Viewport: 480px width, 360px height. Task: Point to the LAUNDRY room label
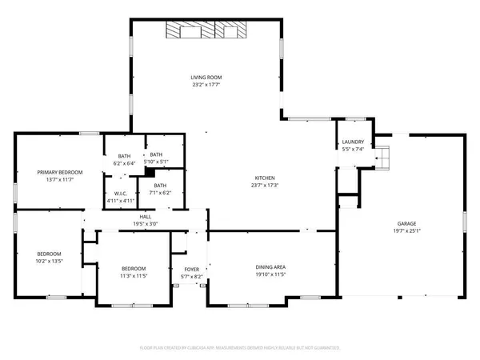tap(352, 142)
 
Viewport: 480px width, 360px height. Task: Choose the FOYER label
tap(192, 269)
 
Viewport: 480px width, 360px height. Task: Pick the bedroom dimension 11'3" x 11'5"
tap(134, 275)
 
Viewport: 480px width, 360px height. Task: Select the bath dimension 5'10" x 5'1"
tap(155, 162)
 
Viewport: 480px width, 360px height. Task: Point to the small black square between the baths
tap(149, 172)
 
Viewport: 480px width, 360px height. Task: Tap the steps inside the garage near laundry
tap(383, 157)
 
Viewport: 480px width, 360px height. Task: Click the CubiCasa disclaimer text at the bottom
tap(240, 348)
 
